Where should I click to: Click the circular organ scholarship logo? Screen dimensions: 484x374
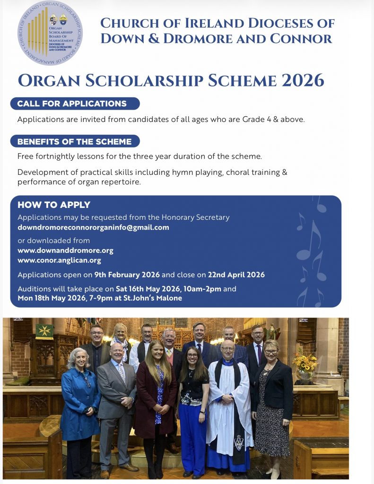50,32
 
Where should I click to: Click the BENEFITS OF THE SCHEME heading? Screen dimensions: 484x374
75,141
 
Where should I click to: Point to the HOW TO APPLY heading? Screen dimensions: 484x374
54,205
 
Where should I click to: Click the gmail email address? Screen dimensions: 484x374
93,227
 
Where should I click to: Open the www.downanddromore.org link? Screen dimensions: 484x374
65,251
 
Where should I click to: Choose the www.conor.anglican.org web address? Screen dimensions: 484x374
59,260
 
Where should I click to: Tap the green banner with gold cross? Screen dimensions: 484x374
44,331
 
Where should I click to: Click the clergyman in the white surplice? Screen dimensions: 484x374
230,406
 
